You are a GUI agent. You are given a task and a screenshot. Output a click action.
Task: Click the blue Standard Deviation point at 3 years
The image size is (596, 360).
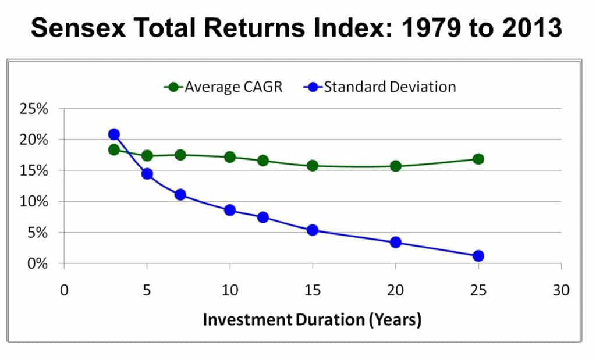[x=114, y=134]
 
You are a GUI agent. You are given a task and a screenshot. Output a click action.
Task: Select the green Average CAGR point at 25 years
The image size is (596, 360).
[x=478, y=159]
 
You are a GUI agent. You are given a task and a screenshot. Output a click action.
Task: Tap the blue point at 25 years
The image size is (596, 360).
[x=478, y=256]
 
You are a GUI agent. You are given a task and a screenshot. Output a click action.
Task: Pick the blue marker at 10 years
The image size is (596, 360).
[x=229, y=210]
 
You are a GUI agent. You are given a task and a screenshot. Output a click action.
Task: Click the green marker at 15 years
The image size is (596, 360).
[x=313, y=166]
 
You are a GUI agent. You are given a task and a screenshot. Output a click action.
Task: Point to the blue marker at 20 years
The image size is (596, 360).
[x=396, y=243]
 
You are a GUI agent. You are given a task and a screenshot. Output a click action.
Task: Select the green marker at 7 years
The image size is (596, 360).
[x=180, y=155]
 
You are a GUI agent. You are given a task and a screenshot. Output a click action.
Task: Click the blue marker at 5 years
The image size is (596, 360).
[x=147, y=174]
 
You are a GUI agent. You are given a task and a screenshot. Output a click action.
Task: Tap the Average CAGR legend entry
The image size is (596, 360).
[x=223, y=87]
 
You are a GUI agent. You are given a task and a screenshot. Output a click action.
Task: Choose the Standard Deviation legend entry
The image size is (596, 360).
[x=379, y=87]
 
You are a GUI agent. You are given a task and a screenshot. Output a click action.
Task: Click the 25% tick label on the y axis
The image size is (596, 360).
[x=34, y=109]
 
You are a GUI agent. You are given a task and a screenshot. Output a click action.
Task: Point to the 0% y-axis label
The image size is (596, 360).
[x=37, y=263]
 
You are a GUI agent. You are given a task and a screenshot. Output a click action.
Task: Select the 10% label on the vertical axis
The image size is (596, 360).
[x=34, y=201]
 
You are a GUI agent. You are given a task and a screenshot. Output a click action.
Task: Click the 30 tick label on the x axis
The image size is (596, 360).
[x=562, y=291]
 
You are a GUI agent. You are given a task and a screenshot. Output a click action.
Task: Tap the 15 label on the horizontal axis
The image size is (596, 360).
[x=313, y=291]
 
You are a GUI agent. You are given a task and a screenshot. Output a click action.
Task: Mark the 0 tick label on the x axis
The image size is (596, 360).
[x=64, y=291]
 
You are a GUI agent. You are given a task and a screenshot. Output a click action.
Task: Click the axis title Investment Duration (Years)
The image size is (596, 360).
[x=312, y=320]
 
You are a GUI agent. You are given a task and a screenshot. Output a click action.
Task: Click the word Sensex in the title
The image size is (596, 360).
[x=79, y=28]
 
